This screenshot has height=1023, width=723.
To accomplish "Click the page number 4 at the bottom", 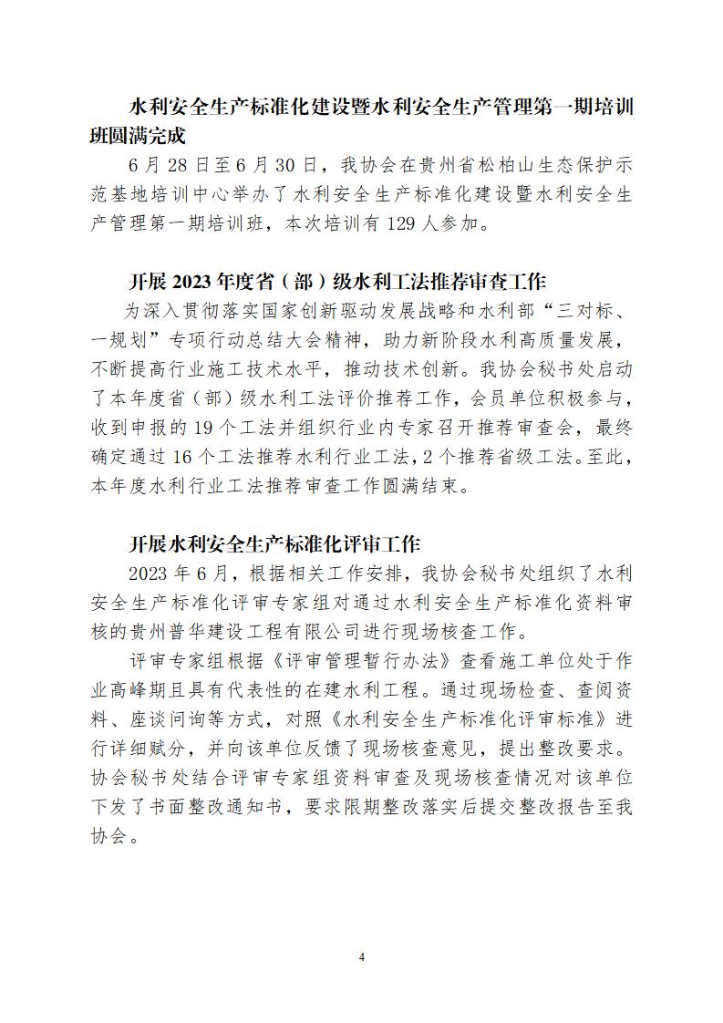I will point(362,956).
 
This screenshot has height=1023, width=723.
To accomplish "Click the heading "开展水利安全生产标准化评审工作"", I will point(274,544).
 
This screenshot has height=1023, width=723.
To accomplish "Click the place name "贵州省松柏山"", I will point(492,166).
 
